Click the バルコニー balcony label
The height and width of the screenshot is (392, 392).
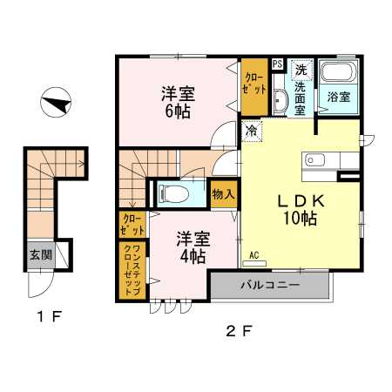coord(270,285)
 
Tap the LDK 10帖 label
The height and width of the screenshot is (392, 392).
coord(301,209)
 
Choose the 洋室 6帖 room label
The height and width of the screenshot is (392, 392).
coord(177,102)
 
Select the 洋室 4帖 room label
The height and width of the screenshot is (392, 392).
coord(192,247)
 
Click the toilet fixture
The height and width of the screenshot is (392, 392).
coord(174,193)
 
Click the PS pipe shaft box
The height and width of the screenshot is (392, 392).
coord(277,64)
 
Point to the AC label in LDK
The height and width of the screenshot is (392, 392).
coord(255,255)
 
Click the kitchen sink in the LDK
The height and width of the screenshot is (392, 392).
coord(314,159)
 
